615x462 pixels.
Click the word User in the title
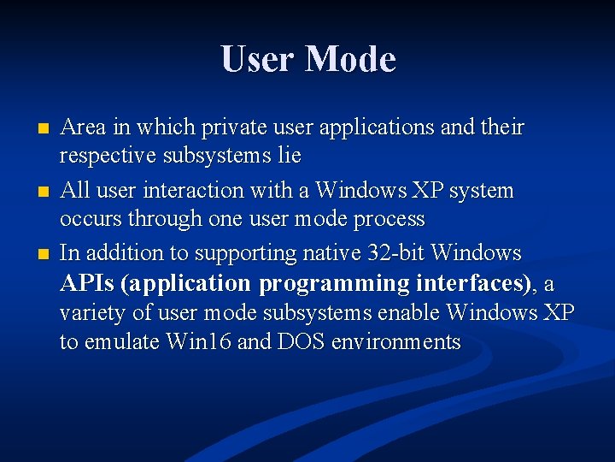click(x=257, y=60)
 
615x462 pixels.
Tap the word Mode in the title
click(x=350, y=60)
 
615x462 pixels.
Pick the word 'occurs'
click(x=91, y=219)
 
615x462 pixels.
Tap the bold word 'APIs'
click(x=89, y=283)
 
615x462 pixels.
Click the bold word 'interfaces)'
click(x=474, y=283)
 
